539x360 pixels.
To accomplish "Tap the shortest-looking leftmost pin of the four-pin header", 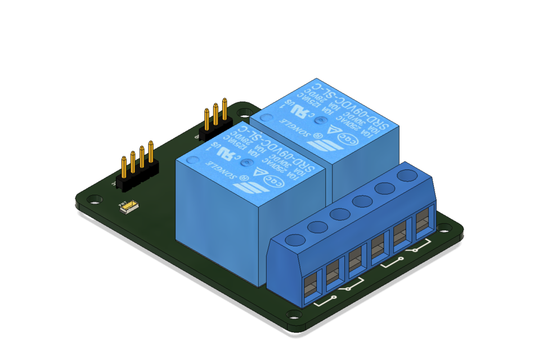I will click(123, 166).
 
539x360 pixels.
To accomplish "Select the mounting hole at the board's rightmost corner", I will click(448, 229).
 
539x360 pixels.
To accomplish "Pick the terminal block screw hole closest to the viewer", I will click(294, 239).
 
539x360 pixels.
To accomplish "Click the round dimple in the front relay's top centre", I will click(245, 163).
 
